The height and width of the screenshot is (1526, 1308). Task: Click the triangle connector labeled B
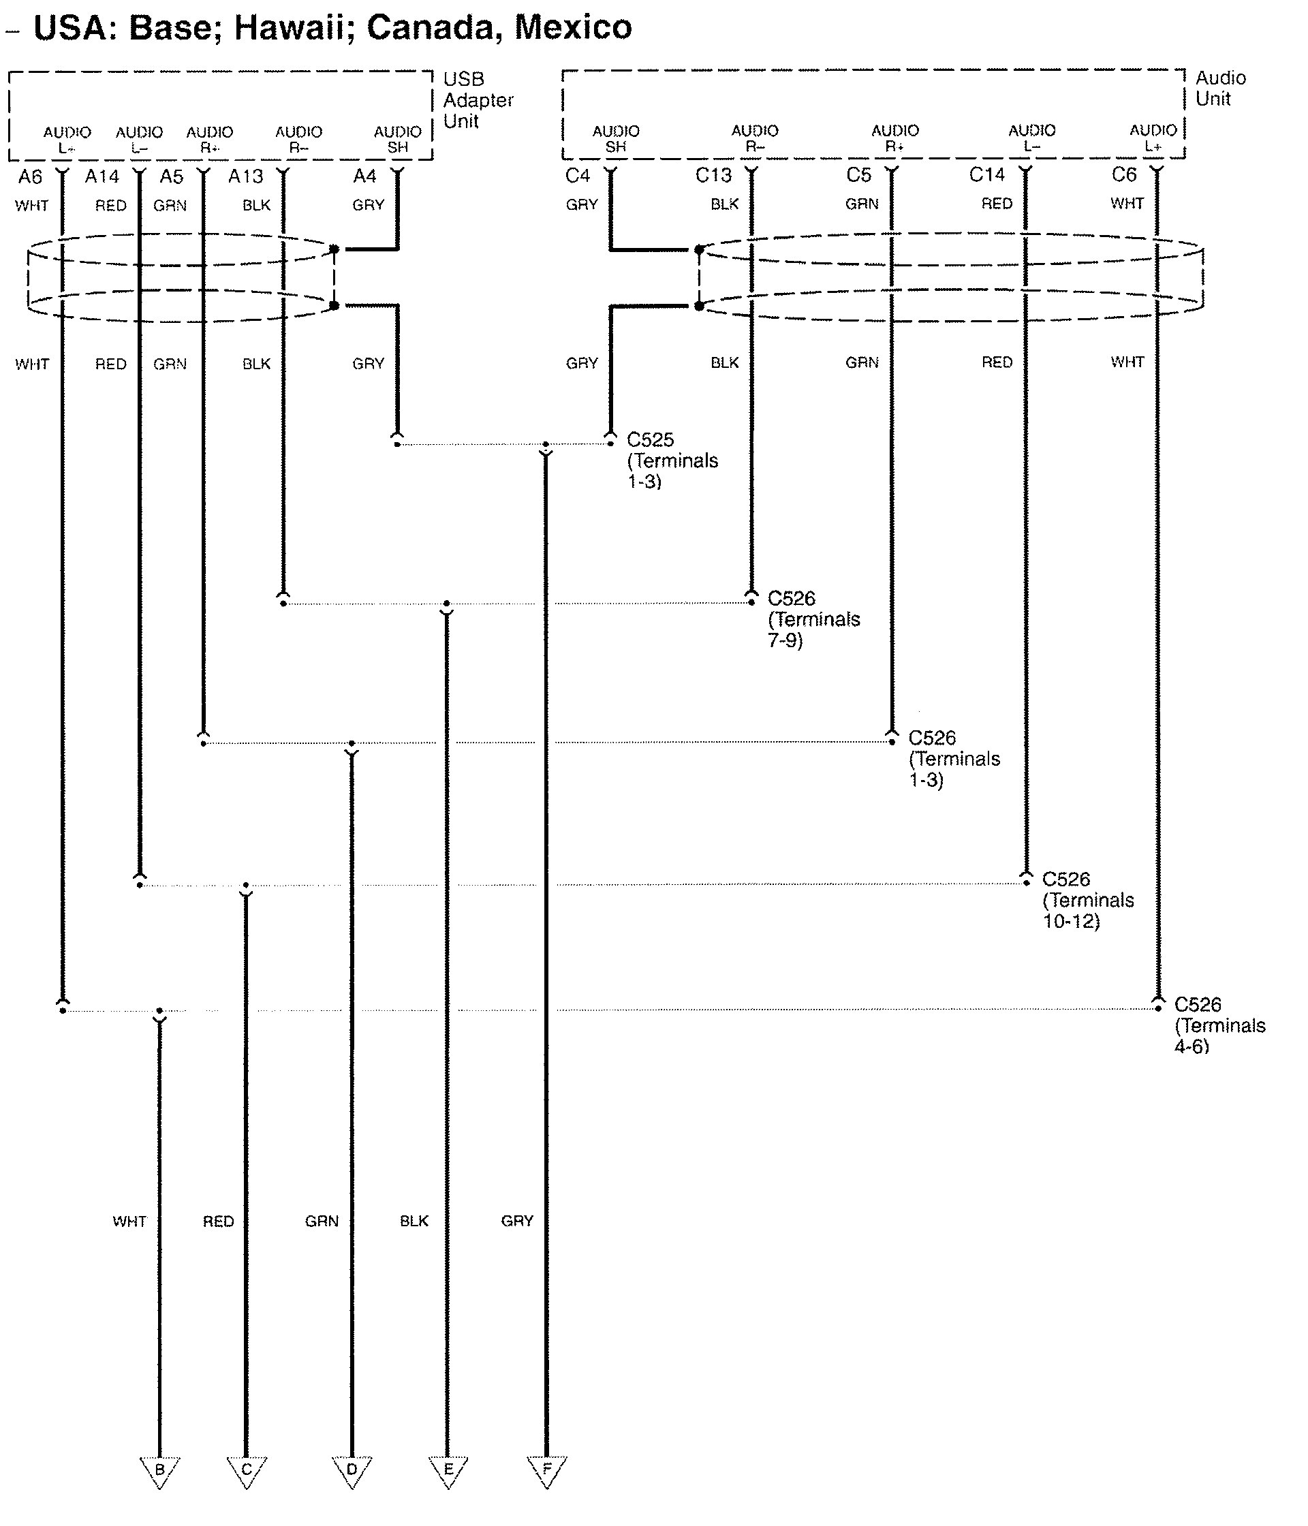160,1471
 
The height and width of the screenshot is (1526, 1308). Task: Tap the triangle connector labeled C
246,1471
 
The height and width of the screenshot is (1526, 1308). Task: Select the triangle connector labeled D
352,1471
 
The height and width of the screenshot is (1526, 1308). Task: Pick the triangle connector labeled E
448,1471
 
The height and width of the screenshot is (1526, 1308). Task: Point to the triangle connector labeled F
546,1471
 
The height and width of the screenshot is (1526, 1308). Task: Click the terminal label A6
30,176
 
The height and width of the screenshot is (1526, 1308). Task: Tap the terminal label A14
102,176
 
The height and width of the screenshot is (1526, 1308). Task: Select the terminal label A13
245,176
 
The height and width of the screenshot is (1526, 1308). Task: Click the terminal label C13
713,175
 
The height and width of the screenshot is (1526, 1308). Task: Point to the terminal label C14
987,174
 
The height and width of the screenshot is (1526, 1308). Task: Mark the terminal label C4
578,175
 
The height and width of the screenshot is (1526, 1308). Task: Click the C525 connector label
651,439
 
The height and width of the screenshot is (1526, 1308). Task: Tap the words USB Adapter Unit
478,100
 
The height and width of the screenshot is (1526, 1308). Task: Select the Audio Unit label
1219,89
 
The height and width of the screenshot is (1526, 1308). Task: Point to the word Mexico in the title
573,28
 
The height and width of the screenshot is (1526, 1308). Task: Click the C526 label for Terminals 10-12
1065,879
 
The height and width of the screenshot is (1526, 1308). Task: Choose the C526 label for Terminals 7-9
791,598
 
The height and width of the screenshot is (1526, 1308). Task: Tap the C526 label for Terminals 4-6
1198,1005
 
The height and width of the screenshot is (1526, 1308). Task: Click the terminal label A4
364,176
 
